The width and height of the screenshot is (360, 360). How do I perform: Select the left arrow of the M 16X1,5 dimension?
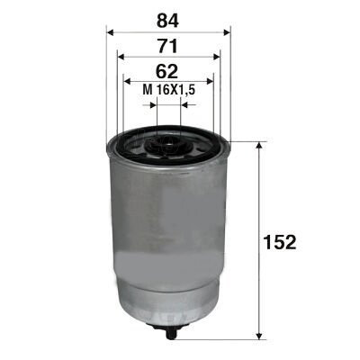tap(154, 104)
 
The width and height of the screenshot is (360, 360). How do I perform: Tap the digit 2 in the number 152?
tap(292, 242)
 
